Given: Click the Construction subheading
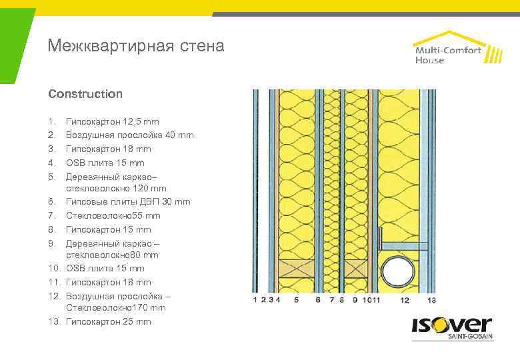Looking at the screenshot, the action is [85, 94].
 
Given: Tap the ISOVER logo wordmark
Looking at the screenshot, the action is [451, 326].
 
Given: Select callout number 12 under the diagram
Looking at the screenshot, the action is [405, 300].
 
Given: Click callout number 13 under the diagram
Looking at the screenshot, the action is [431, 300].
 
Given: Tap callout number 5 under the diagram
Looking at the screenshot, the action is [296, 300].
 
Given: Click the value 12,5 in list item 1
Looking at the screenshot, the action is [133, 122].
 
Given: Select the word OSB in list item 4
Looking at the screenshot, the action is [75, 163].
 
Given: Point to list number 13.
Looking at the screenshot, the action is [54, 322].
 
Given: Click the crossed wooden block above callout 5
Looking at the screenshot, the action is [297, 270].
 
